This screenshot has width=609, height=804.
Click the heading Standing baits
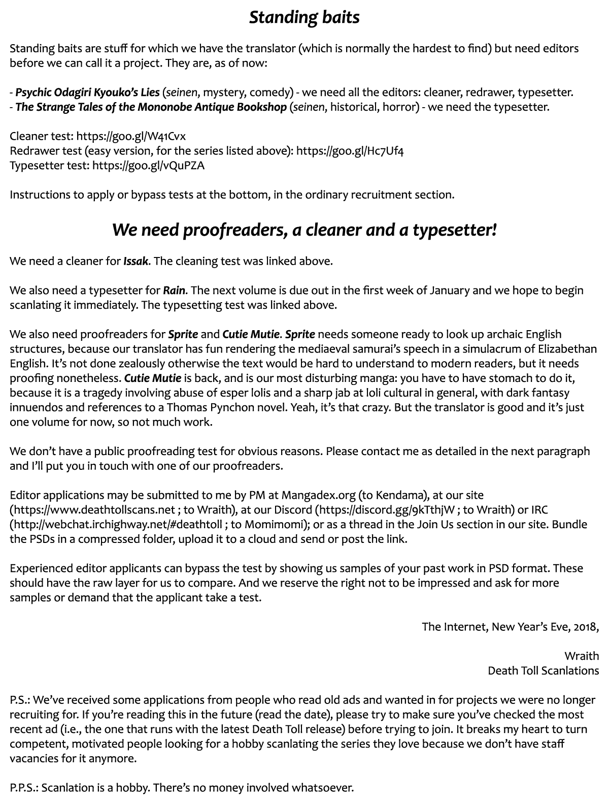pos(304,17)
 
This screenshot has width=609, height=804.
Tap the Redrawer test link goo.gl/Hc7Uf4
pos(350,151)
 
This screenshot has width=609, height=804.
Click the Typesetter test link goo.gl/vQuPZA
pos(148,166)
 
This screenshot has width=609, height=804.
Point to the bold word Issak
pos(136,262)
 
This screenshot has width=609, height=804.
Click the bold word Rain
pos(174,291)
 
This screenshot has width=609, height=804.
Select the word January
pos(450,291)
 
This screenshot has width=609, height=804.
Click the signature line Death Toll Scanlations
pos(543,670)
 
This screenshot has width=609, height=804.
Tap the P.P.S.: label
pos(24,788)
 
